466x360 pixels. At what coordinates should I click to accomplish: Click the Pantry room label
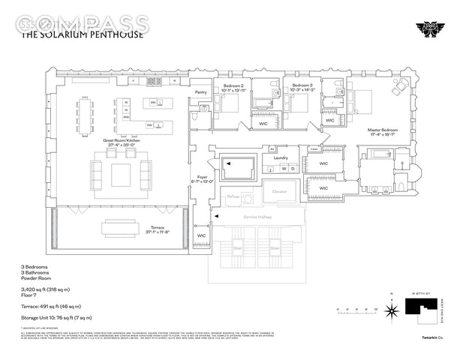click(200, 92)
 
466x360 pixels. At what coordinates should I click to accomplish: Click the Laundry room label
click(281, 157)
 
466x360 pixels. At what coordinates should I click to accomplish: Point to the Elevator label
click(279, 192)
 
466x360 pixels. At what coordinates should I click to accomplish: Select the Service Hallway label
click(257, 217)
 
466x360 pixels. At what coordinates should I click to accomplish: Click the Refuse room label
click(233, 196)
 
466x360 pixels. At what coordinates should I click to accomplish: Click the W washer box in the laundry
click(284, 169)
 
